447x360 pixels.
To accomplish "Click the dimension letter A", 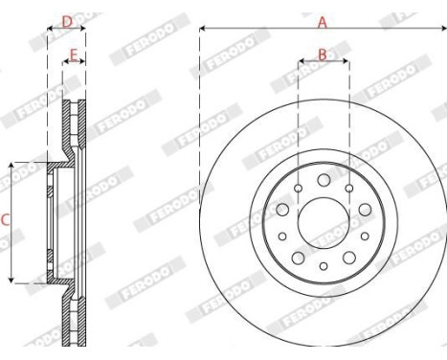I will (x=322, y=20).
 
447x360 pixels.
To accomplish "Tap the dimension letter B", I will (x=323, y=55).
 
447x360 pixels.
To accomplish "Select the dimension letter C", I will (x=6, y=221).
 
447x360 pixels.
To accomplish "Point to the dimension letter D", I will (x=66, y=20).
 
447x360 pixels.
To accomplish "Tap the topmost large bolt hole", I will (x=324, y=180).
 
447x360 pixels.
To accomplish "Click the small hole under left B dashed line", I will (x=299, y=188).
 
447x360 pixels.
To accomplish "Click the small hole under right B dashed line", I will (x=348, y=188).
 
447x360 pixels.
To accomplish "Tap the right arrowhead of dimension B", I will (x=346, y=64).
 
